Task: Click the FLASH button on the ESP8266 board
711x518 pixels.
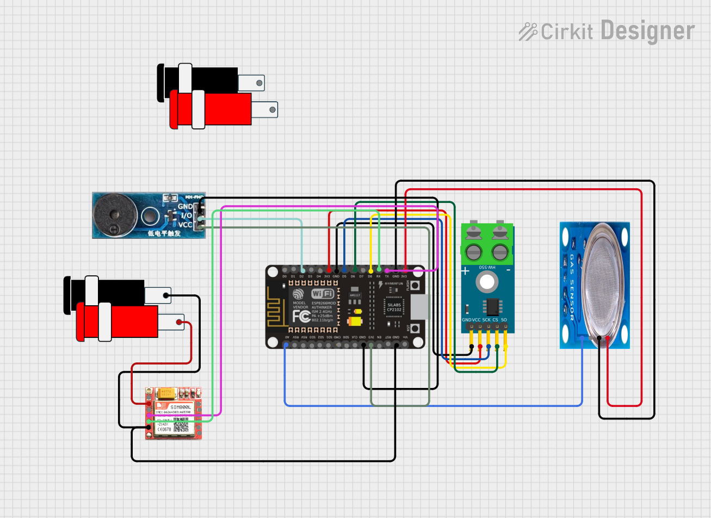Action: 415,286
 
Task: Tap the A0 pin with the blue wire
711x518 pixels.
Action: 286,344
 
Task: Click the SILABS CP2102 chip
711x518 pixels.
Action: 394,308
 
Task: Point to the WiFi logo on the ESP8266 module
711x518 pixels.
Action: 322,294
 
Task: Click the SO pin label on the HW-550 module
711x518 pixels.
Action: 504,320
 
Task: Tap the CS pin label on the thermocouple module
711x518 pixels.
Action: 496,320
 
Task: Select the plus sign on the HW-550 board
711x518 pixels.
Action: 465,270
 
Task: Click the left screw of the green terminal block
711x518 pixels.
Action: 474,251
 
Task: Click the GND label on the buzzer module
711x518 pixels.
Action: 185,206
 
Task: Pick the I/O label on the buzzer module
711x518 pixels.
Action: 186,215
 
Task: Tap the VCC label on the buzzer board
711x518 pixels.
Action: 185,225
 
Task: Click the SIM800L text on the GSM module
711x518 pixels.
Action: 180,407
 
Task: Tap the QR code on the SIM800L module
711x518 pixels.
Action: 181,427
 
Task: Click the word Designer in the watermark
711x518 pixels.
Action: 647,31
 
